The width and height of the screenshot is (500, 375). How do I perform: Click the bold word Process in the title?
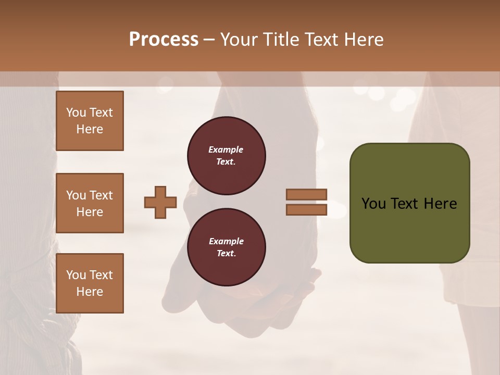(164, 40)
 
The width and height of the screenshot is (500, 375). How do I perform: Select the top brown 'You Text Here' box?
(90, 121)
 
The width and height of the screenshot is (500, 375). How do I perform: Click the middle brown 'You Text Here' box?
(90, 203)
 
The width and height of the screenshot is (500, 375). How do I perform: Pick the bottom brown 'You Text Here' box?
(90, 283)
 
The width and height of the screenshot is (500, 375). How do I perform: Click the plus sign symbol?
(160, 202)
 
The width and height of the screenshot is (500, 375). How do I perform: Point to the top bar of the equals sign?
(307, 194)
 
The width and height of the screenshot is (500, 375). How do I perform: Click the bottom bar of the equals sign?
(307, 209)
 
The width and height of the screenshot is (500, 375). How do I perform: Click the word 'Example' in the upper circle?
(226, 149)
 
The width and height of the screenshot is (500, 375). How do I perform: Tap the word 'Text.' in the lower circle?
(226, 253)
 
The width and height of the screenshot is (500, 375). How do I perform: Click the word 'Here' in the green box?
(440, 204)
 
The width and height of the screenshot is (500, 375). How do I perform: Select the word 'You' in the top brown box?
(76, 113)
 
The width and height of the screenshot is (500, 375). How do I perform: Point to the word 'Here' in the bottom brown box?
(90, 292)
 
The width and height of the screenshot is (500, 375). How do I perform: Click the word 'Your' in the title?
(240, 40)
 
